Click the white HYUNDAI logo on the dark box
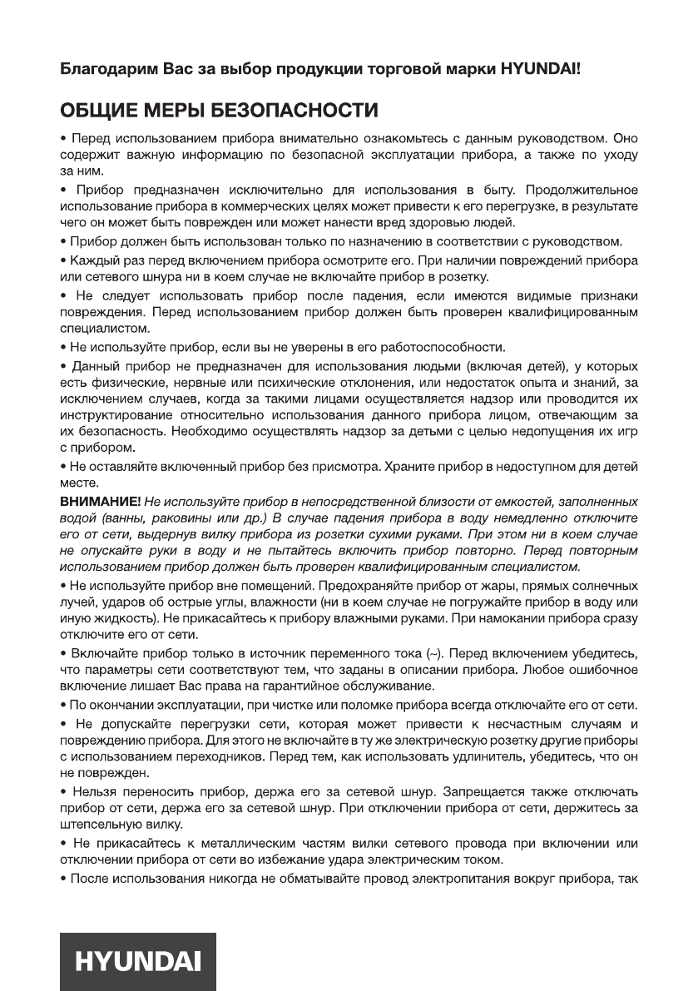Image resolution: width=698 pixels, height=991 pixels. click(138, 963)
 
